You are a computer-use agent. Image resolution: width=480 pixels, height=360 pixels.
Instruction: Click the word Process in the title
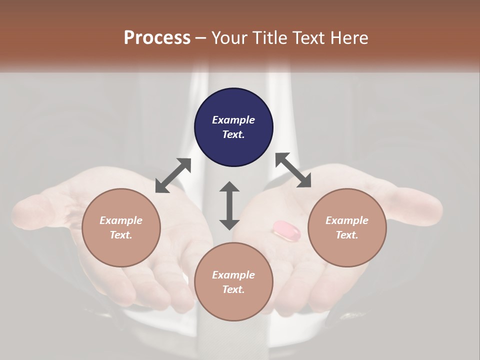pos(157,38)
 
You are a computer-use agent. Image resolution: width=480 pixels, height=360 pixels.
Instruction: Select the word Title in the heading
pos(270,38)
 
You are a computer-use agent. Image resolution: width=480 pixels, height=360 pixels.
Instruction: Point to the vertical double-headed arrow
pos(229,205)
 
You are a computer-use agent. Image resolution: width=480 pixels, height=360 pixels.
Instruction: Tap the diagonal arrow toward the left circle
pos(173,175)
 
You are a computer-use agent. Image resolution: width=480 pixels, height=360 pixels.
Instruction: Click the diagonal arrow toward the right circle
pos(293,170)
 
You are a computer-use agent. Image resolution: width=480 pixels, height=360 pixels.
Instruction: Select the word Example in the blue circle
pos(233,120)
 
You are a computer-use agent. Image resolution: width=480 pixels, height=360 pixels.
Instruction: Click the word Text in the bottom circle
pos(233,289)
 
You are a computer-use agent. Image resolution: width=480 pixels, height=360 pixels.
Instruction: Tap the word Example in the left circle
pos(121,220)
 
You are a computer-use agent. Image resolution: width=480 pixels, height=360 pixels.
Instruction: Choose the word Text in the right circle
pos(347,235)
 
